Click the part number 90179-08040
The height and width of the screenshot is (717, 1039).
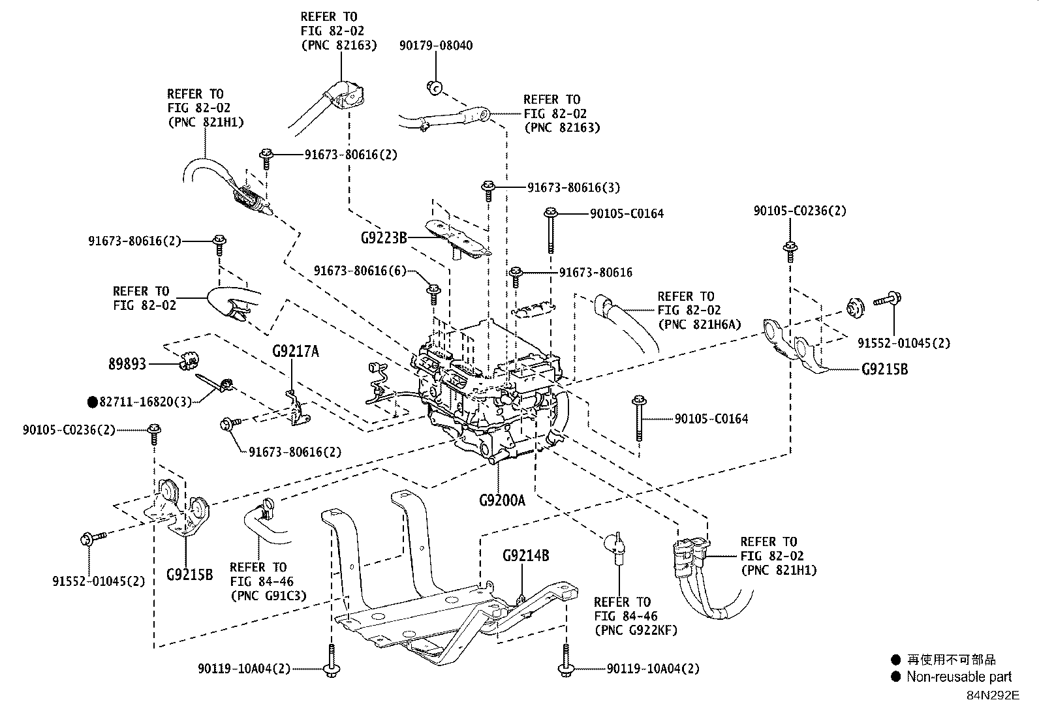436,46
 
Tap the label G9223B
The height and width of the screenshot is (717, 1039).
384,238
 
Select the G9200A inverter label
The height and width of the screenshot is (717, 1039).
502,500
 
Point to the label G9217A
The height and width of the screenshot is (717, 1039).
296,352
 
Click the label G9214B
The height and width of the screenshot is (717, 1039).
525,555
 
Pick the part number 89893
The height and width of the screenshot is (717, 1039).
127,364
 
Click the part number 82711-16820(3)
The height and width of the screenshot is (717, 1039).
145,402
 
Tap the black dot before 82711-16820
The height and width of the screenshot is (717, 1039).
93,402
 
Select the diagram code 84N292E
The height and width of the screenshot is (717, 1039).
993,695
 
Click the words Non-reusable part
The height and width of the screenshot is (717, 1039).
959,677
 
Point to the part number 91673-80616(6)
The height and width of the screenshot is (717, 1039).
360,271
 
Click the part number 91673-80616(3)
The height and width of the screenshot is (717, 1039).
573,187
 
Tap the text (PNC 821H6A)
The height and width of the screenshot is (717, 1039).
700,324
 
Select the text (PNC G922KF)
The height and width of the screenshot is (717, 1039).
636,630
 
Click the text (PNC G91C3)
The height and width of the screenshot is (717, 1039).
269,596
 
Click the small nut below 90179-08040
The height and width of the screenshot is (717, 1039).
435,87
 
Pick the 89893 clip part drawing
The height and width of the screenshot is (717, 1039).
189,361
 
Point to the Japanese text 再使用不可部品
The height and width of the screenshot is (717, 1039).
952,660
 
